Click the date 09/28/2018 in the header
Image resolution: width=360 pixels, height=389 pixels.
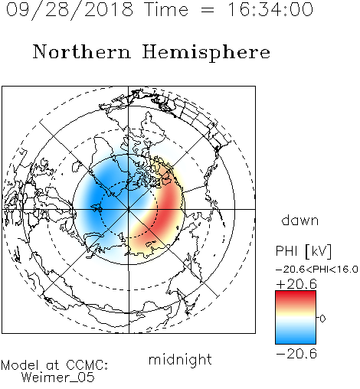(x=70, y=9)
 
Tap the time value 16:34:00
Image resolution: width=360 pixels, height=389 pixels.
(x=270, y=9)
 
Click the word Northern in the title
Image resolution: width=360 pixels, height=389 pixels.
(x=82, y=51)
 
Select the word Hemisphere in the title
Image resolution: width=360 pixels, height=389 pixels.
(x=206, y=52)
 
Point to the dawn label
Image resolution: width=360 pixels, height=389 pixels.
(x=300, y=220)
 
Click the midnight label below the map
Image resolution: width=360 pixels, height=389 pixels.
(x=180, y=360)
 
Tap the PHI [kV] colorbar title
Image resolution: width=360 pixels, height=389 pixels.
(x=303, y=251)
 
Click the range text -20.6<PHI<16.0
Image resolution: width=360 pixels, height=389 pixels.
(x=317, y=270)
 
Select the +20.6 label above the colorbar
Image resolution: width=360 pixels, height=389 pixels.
(x=296, y=284)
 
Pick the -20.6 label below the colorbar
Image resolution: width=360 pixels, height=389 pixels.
(x=296, y=354)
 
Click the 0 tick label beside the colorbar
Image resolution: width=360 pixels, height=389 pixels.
(x=322, y=319)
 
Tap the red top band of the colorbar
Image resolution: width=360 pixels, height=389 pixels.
(x=296, y=296)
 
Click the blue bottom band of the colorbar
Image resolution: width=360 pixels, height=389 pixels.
(x=296, y=338)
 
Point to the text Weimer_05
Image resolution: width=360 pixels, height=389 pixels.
(x=58, y=378)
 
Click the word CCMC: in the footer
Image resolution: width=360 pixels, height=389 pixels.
(x=87, y=365)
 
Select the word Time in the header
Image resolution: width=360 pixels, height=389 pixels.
(x=166, y=9)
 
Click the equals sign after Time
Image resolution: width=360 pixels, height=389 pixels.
(x=208, y=11)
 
